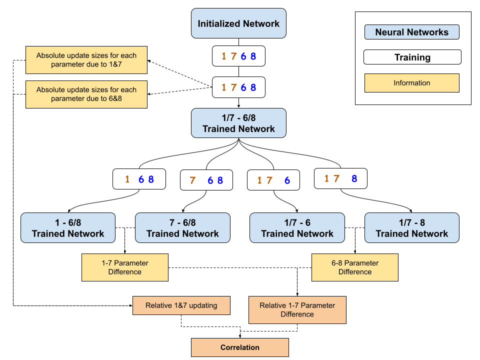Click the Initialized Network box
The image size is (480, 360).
point(238,23)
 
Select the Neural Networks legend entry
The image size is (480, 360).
point(411,32)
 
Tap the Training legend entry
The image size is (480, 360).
point(412,57)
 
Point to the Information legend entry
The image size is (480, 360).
point(411,83)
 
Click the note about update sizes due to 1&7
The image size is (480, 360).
point(86,60)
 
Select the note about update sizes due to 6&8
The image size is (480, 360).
point(86,94)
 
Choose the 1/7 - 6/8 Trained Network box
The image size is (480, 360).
point(238,123)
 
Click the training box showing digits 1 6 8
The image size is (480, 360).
point(139,179)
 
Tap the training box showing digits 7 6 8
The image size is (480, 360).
point(206,180)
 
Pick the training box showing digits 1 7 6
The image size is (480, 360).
point(273,180)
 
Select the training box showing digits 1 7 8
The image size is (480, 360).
point(340,178)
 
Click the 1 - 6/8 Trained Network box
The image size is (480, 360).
point(68,228)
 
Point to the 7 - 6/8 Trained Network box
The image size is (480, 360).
point(182,228)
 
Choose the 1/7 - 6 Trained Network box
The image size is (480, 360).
point(297,228)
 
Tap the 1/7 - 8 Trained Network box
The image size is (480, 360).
point(411,228)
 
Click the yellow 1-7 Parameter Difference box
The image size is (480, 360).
point(125,267)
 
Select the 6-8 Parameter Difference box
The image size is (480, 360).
point(355,267)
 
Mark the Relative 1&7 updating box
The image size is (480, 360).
point(181,305)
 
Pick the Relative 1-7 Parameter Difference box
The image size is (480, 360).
point(297,310)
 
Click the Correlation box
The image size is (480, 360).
point(240,347)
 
